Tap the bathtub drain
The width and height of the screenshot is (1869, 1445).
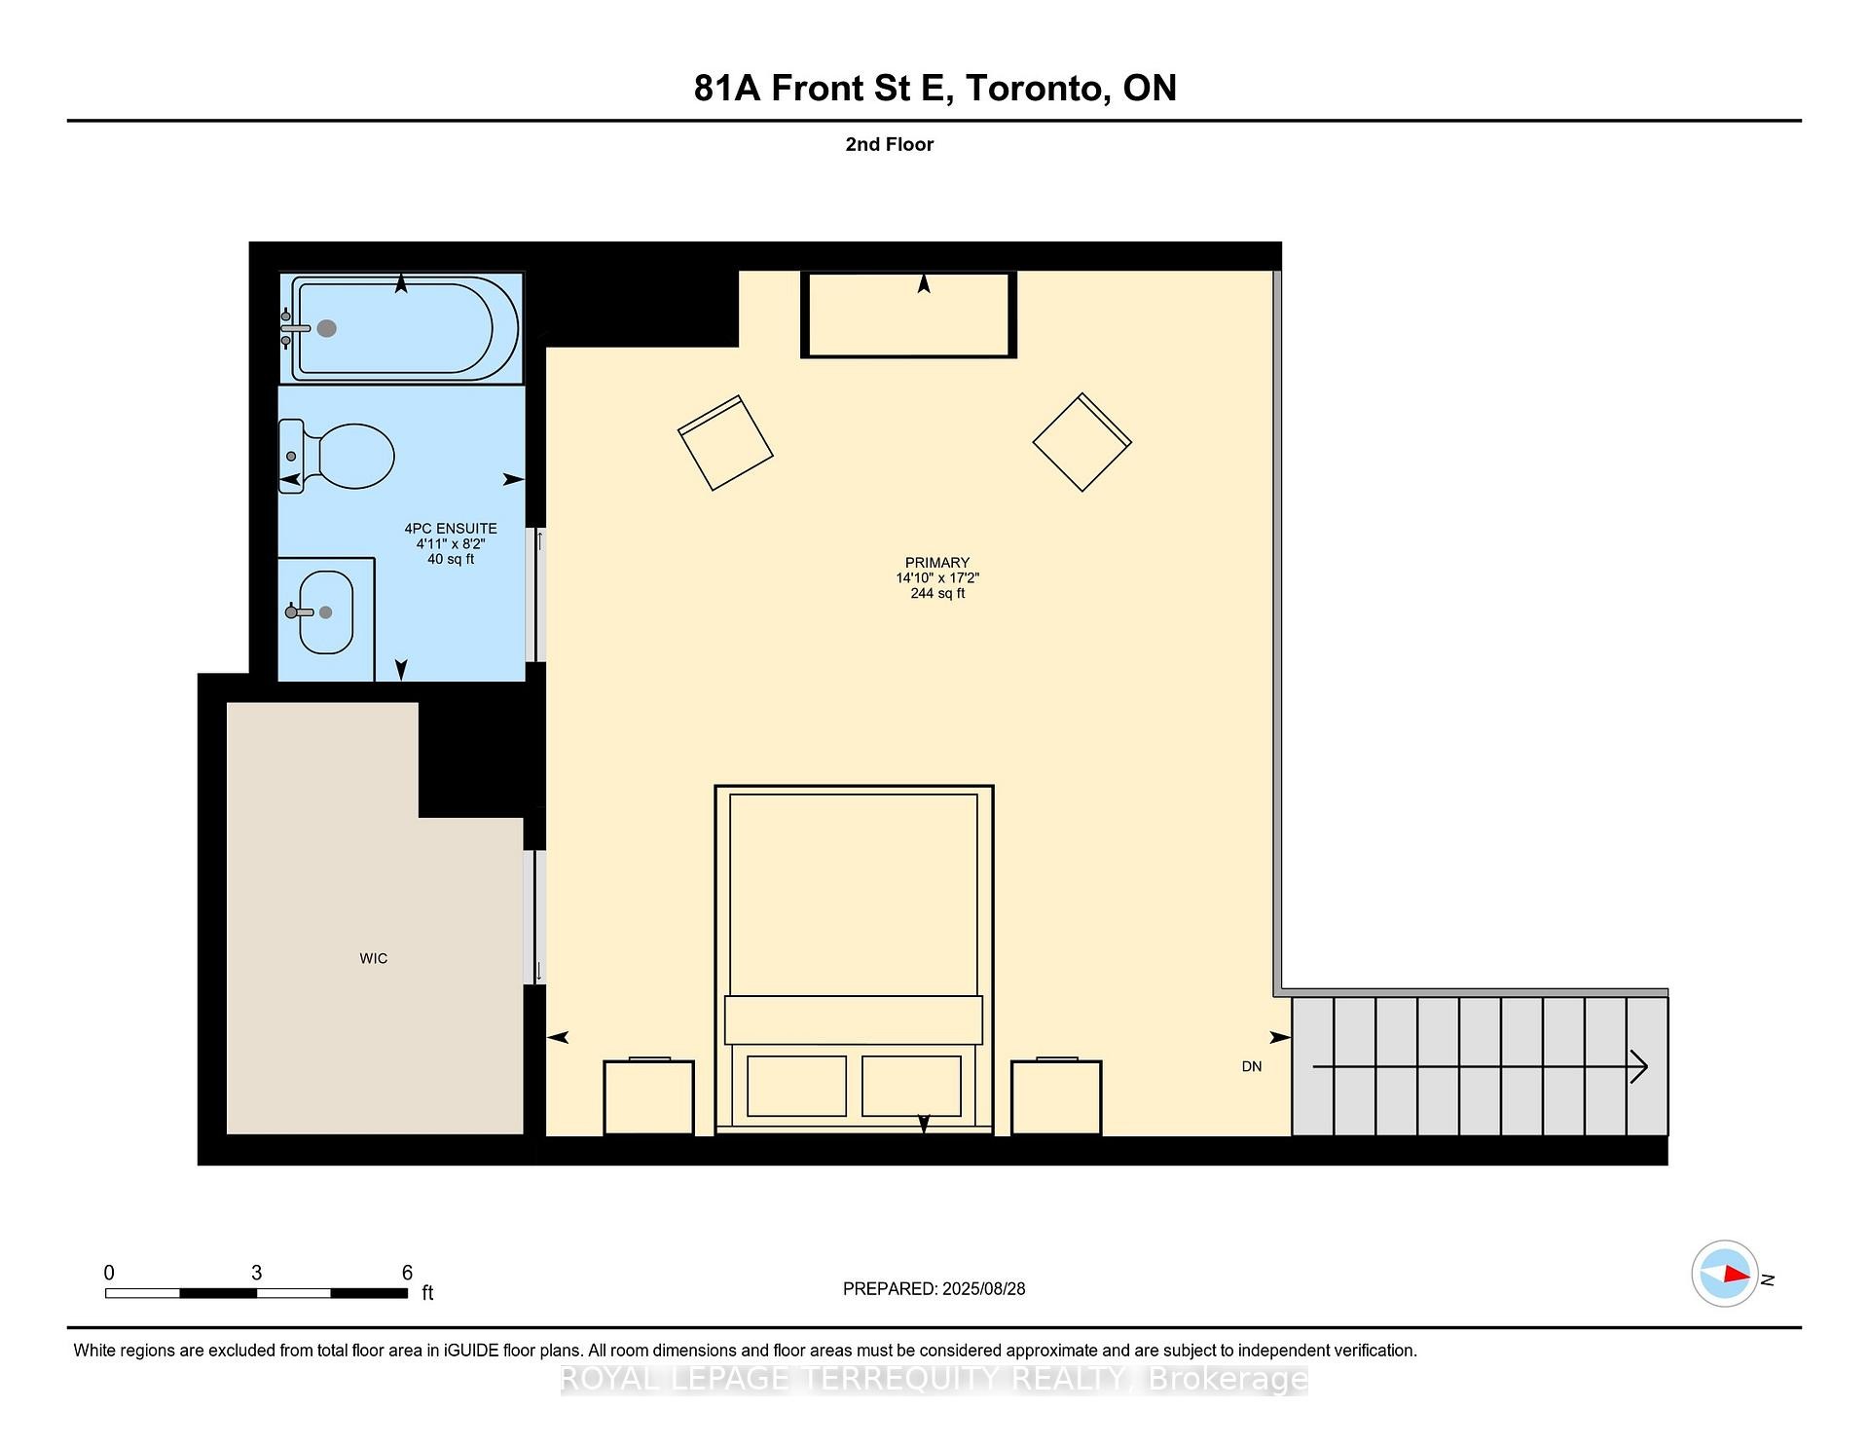[x=327, y=329]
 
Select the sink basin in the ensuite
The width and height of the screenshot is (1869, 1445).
[x=326, y=612]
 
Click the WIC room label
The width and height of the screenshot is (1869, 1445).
[x=373, y=958]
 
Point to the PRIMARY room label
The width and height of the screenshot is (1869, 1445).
[x=936, y=563]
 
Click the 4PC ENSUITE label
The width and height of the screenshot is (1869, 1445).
[x=450, y=529]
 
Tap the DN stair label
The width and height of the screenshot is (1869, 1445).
[x=1251, y=1066]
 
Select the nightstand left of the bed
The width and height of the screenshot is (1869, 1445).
[x=648, y=1097]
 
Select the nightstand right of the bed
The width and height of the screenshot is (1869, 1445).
[x=1055, y=1097]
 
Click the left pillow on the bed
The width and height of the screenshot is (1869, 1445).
[x=796, y=1086]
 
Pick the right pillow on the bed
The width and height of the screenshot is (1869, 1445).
[x=911, y=1086]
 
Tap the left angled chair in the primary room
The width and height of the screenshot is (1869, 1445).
[x=725, y=443]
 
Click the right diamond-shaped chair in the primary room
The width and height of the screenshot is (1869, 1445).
[x=1081, y=442]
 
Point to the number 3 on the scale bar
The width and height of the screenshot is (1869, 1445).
[x=256, y=1273]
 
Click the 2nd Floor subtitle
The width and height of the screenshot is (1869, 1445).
[x=889, y=144]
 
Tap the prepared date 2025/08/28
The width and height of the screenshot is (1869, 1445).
[x=983, y=1288]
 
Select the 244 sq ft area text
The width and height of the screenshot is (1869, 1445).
[x=936, y=593]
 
